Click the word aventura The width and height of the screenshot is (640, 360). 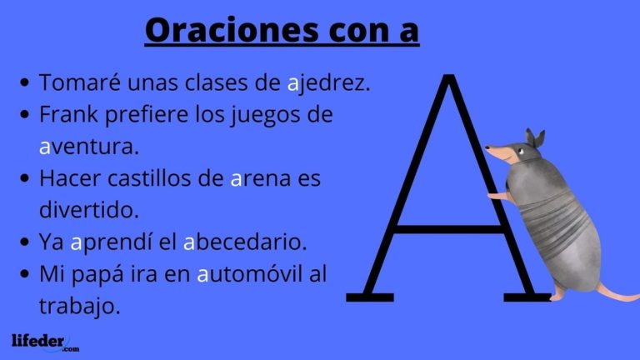tap(87, 147)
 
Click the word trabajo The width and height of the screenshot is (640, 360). tap(80, 305)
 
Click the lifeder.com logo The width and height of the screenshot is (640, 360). tap(45, 342)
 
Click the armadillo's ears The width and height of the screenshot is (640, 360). tap(533, 137)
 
